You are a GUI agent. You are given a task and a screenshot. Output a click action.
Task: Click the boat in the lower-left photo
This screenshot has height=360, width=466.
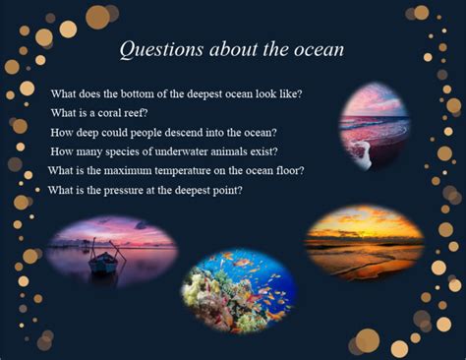[x=101, y=262]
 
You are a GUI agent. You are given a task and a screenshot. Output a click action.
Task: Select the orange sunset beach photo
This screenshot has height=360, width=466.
[x=364, y=241]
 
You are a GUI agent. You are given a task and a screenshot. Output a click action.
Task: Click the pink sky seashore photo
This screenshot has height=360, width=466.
[x=374, y=123]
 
